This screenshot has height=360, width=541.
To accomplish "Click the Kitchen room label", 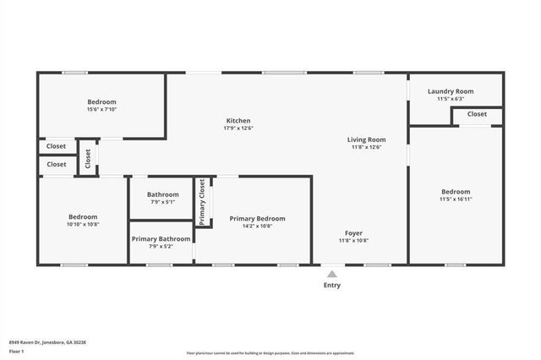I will click(x=238, y=121).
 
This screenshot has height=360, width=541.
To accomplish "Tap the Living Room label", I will click(x=366, y=139).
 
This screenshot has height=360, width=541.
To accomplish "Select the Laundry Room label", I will click(x=451, y=91).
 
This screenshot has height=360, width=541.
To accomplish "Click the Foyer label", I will click(x=353, y=232).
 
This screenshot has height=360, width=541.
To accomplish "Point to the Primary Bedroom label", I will click(x=257, y=219).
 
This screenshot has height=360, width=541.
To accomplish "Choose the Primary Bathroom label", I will click(x=160, y=239).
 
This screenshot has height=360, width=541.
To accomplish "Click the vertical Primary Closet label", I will click(x=202, y=203).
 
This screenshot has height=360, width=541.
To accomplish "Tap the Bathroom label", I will click(x=162, y=194).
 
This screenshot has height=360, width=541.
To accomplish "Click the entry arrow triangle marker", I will click(x=332, y=274).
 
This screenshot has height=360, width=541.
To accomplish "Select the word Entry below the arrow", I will click(x=332, y=285).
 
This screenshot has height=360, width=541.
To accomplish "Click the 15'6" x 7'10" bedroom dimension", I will click(x=101, y=109).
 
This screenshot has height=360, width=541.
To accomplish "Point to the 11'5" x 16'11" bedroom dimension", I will click(x=456, y=199).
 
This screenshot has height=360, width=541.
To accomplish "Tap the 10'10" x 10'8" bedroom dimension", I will click(x=83, y=225).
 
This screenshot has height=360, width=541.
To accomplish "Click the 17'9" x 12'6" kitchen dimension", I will click(x=238, y=128).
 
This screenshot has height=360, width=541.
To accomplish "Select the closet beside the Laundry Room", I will click(x=477, y=114).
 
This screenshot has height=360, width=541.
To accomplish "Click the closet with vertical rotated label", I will click(x=87, y=158).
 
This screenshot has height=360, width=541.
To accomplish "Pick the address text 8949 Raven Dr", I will click(x=47, y=342).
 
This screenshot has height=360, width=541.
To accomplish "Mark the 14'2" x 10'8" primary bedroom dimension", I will click(x=257, y=226).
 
